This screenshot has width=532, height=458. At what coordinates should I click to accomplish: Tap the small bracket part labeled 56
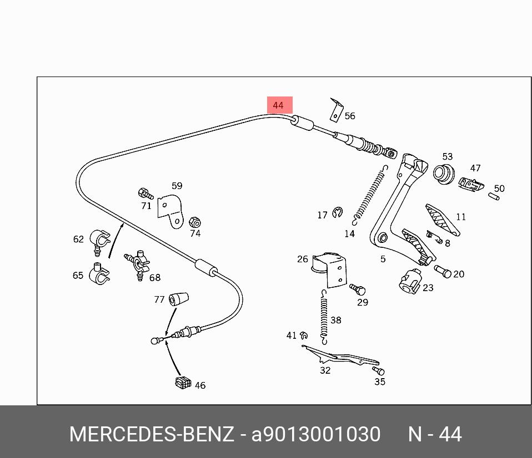pyautogui.click(x=336, y=110)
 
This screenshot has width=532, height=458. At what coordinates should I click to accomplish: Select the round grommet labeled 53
pyautogui.click(x=444, y=174)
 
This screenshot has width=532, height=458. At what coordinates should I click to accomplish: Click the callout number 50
pyautogui.click(x=499, y=189)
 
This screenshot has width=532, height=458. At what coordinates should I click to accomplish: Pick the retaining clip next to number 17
pyautogui.click(x=337, y=213)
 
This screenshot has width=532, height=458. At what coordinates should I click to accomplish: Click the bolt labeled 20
pyautogui.click(x=443, y=271)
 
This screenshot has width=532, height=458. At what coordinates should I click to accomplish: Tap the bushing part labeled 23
pyautogui.click(x=410, y=281)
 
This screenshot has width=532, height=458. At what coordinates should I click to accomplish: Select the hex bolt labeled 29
pyautogui.click(x=357, y=289)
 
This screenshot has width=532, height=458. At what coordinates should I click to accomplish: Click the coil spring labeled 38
pyautogui.click(x=324, y=317)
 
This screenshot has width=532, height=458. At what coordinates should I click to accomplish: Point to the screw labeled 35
pyautogui.click(x=378, y=370)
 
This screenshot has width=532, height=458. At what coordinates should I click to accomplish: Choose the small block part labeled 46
pyautogui.click(x=183, y=382)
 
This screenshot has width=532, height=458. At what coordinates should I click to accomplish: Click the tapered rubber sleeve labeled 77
pyautogui.click(x=178, y=298)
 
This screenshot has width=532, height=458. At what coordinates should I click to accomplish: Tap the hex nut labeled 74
pyautogui.click(x=195, y=222)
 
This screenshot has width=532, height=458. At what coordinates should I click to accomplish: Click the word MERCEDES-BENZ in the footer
pyautogui.click(x=152, y=434)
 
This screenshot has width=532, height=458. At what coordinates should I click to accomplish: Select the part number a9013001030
pyautogui.click(x=316, y=434)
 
